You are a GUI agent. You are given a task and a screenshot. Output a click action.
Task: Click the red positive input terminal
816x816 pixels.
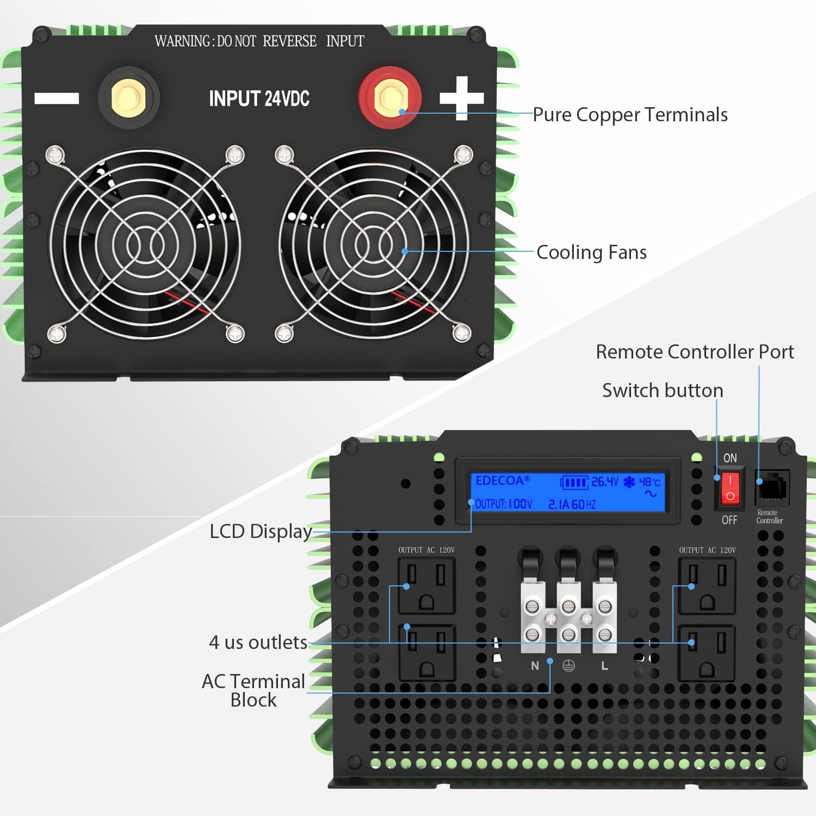(390, 98)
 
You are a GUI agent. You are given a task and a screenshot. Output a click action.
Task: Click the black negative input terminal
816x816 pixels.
(128, 98)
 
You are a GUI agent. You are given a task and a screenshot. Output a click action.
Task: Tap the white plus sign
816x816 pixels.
(461, 98)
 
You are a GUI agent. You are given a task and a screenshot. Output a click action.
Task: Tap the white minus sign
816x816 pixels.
(57, 98)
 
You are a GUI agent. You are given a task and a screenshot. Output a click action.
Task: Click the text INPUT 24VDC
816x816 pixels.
(259, 99)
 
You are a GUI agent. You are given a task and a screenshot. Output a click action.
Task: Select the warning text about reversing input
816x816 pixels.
(259, 41)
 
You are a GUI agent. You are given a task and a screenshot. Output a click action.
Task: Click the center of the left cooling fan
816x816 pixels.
(145, 245)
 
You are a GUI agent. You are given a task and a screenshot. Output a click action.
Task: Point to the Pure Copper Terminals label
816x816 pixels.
(630, 115)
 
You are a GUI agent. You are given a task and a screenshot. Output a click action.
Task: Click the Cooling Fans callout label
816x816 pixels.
(591, 252)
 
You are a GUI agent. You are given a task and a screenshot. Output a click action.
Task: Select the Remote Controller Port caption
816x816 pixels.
(695, 352)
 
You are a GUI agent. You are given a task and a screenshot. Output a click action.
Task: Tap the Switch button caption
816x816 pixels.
(663, 391)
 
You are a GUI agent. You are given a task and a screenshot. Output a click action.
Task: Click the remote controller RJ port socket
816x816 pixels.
(772, 487)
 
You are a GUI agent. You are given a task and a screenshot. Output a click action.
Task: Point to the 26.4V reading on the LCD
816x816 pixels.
(604, 482)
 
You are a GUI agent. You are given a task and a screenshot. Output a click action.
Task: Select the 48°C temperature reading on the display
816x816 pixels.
(650, 482)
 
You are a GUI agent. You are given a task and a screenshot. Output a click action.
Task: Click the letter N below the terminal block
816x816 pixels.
(535, 666)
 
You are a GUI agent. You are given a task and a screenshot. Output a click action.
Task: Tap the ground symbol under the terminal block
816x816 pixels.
(568, 666)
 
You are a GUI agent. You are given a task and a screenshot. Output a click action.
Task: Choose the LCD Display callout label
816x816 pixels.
(261, 531)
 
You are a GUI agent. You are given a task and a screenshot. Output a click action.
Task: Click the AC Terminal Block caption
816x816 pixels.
(254, 690)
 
